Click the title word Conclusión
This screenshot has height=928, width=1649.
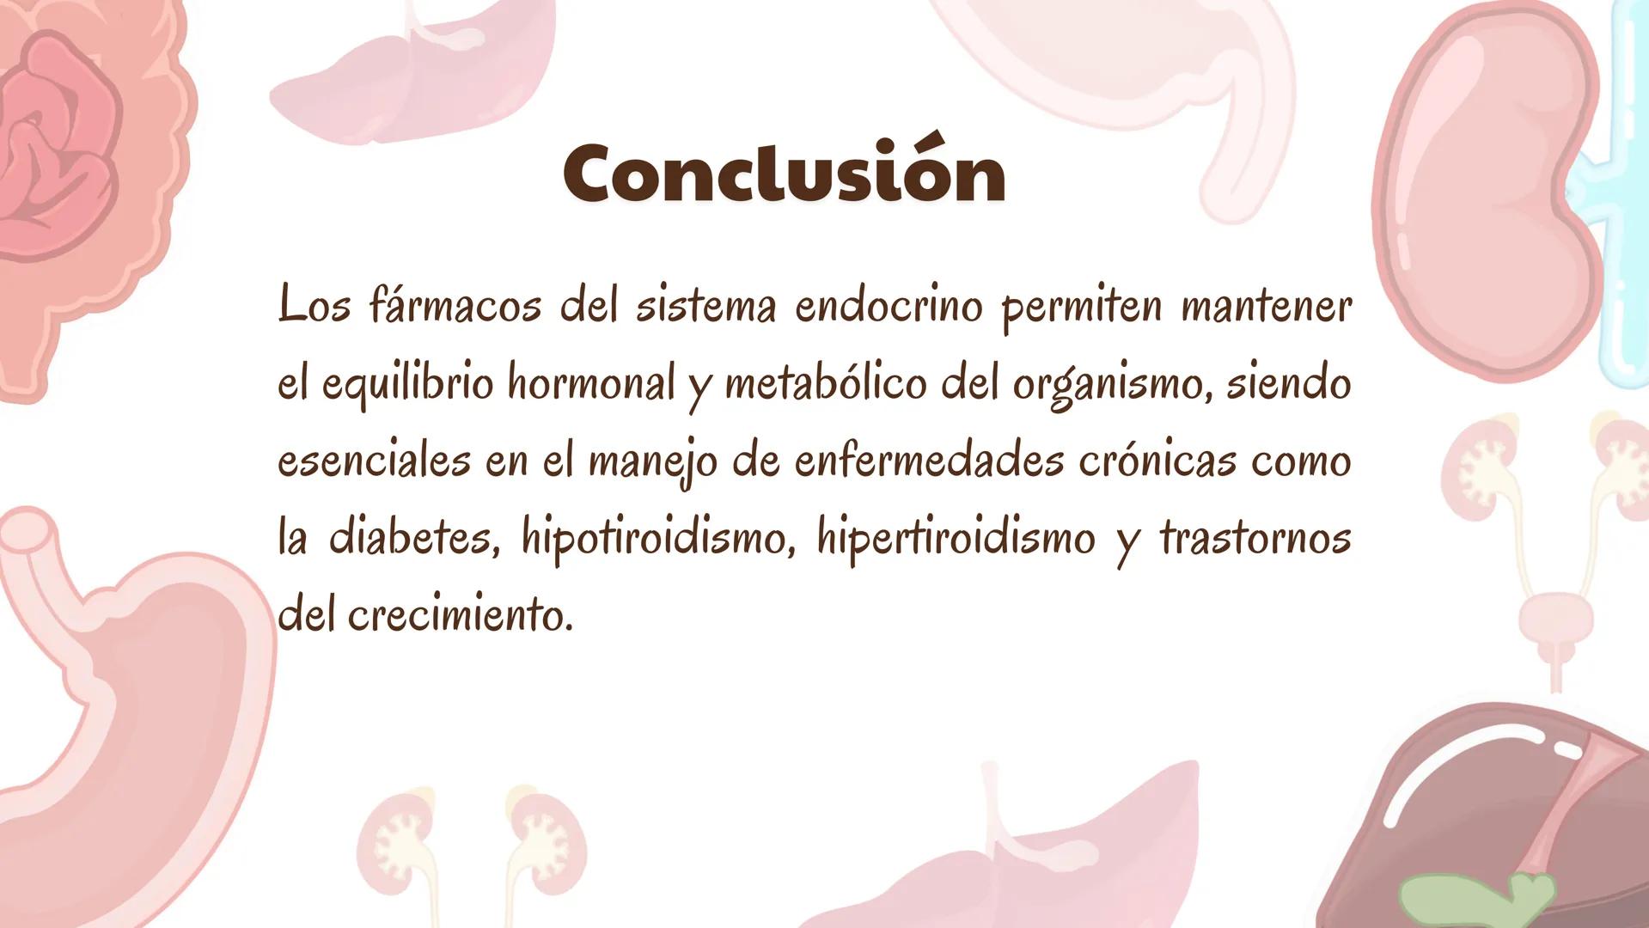[x=784, y=174]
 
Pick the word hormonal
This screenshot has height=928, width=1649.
[x=591, y=384]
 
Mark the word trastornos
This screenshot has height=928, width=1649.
[x=1255, y=539]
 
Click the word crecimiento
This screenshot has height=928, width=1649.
[x=460, y=615]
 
